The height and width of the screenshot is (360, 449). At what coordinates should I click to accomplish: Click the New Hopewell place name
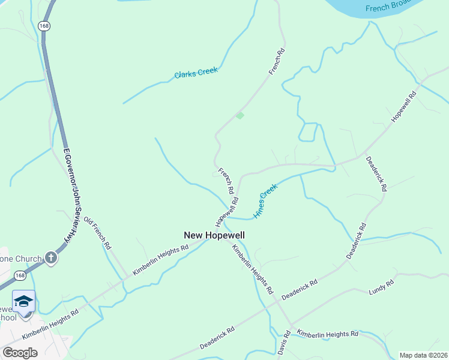[214, 236]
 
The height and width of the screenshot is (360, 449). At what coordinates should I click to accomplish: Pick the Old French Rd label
[97, 233]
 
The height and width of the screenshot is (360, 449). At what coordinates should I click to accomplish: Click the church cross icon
[51, 259]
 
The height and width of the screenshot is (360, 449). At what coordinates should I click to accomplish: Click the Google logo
[20, 353]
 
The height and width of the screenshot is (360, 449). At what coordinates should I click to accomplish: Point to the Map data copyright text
[423, 355]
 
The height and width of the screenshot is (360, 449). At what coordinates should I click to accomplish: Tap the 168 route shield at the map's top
[43, 26]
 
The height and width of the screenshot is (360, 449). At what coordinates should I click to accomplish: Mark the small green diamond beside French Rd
[240, 115]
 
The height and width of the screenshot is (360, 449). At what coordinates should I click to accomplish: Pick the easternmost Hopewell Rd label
[404, 107]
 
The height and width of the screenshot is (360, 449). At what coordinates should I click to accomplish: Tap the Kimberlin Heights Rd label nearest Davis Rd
[328, 333]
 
